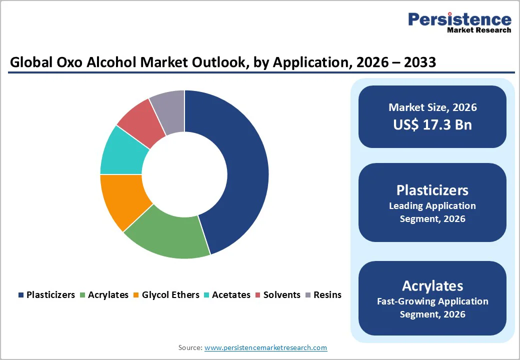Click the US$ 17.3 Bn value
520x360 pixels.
click(432, 124)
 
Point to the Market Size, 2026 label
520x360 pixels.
click(432, 107)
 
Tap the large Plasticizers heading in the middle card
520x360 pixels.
click(432, 190)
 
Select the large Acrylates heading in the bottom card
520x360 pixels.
click(432, 285)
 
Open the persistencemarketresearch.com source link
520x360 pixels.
click(265, 347)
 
